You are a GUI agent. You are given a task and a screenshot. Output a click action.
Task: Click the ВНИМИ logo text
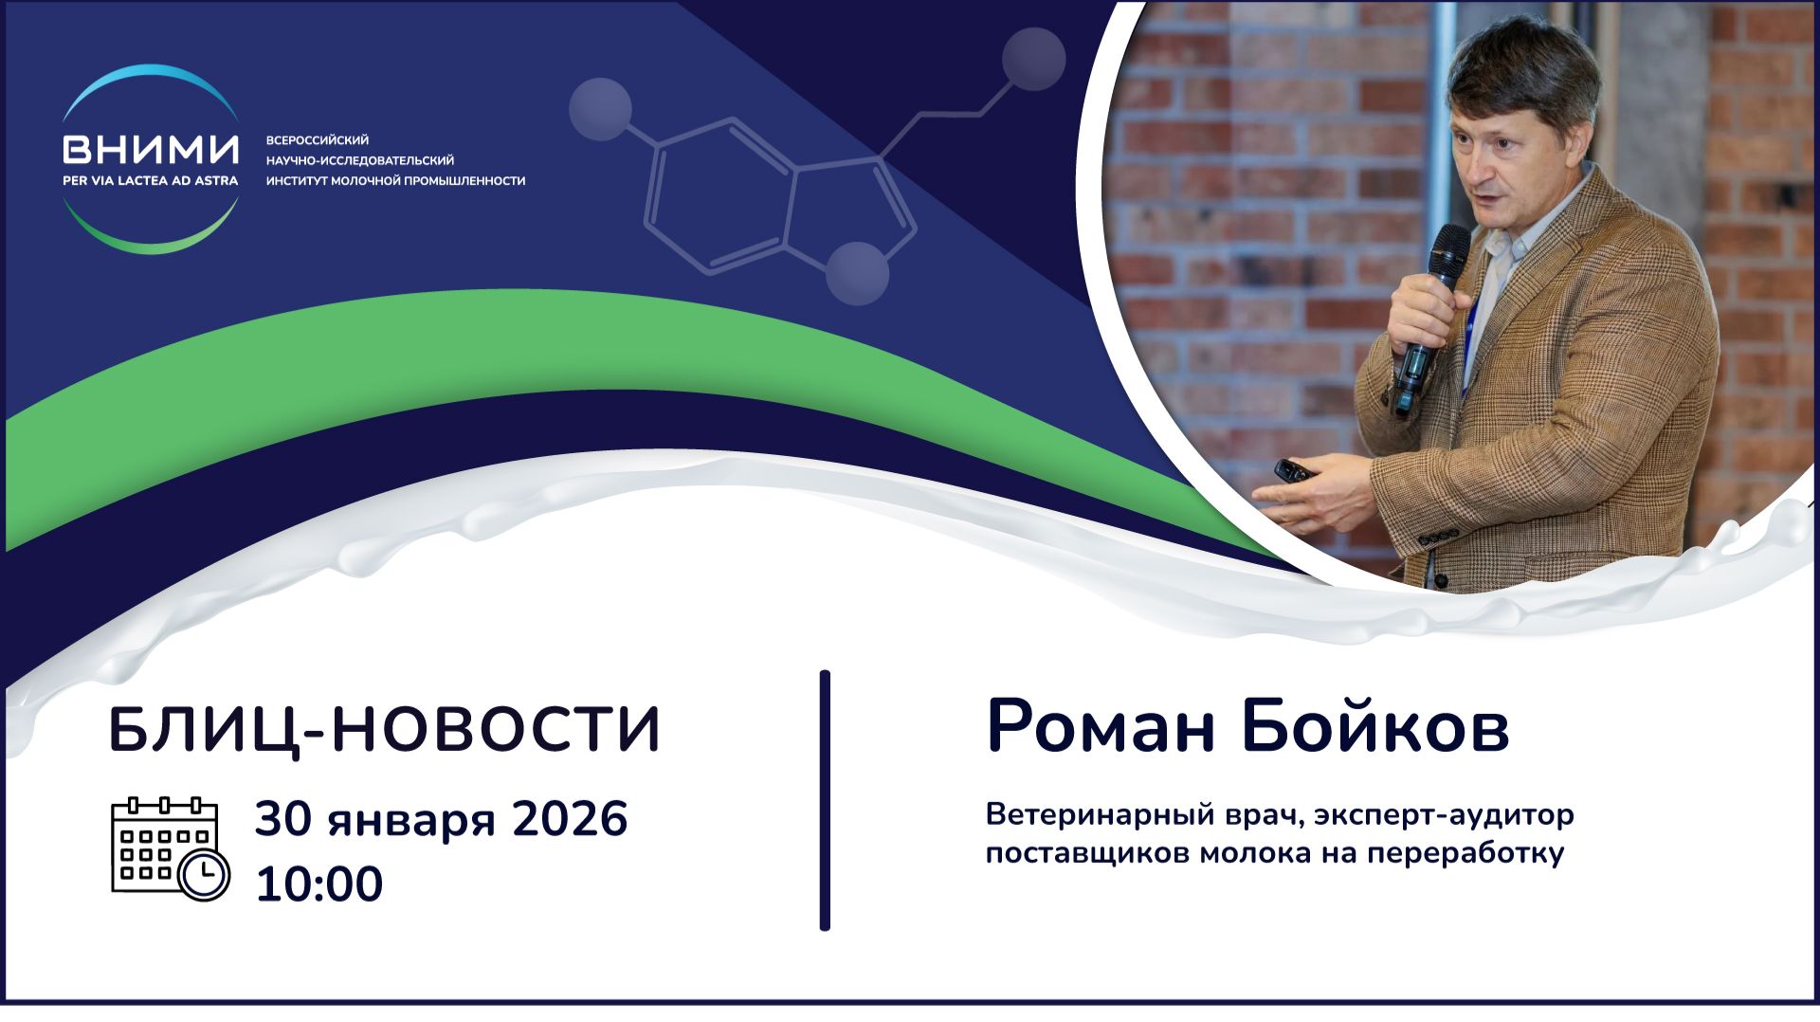[150, 150]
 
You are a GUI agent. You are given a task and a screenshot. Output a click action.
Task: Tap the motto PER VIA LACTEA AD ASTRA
[150, 180]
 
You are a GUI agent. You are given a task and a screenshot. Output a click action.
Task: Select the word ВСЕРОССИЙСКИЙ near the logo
[317, 140]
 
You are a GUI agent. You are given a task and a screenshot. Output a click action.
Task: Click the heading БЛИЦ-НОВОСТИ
[385, 731]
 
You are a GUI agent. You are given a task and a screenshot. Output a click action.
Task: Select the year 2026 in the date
[570, 819]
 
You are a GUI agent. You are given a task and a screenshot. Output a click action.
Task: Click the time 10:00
[318, 884]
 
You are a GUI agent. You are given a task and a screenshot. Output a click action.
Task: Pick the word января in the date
[412, 821]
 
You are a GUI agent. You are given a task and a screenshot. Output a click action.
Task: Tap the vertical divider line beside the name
[825, 801]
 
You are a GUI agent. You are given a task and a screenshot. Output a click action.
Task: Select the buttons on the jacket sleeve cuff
[1438, 537]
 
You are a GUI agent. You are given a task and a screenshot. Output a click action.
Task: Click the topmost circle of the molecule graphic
[1033, 59]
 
